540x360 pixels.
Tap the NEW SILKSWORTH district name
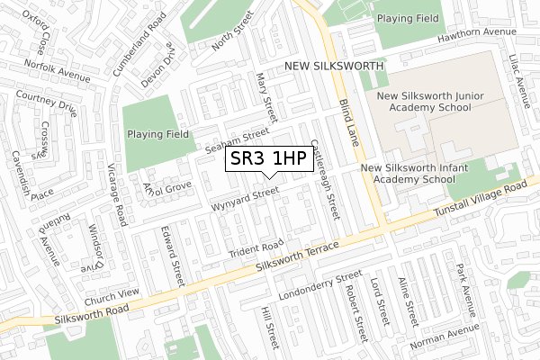334,67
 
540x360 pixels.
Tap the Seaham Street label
238,139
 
